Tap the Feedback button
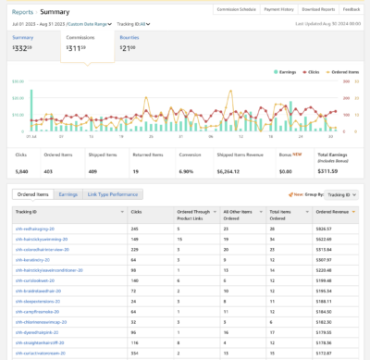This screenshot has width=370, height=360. point(351,10)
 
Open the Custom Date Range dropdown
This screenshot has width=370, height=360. point(90,24)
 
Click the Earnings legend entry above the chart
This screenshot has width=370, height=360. point(261,70)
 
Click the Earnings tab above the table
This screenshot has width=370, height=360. point(68,195)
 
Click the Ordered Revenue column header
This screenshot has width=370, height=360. point(332,212)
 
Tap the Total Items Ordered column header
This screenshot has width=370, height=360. point(278,215)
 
